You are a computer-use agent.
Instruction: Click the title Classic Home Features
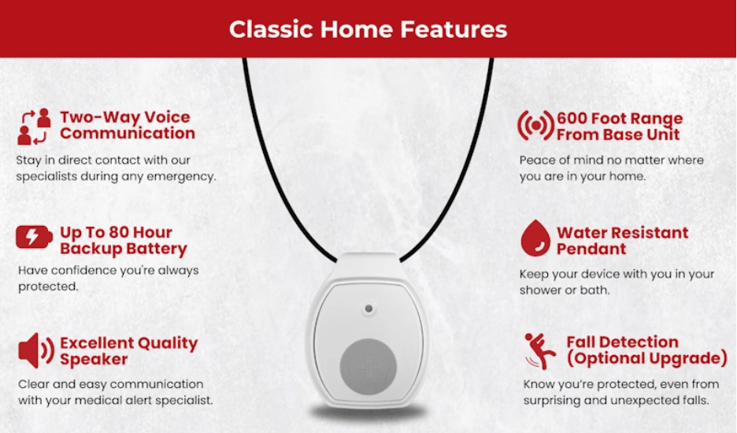tap(368, 29)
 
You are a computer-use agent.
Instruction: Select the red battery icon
tap(34, 236)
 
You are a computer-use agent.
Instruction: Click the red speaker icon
tap(35, 350)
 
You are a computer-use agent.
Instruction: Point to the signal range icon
tap(536, 125)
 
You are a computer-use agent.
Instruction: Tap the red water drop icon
tap(535, 238)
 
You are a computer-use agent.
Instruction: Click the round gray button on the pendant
tap(368, 367)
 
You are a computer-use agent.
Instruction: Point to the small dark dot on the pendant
tap(368, 309)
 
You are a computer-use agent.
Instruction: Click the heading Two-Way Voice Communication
tap(127, 125)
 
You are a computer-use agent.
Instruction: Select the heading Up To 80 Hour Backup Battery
tap(123, 241)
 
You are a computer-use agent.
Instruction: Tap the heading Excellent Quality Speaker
tap(129, 351)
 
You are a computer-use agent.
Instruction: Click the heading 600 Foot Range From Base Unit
tap(620, 127)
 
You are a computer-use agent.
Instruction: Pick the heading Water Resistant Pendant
tap(622, 241)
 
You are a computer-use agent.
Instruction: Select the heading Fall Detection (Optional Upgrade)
tap(646, 350)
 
